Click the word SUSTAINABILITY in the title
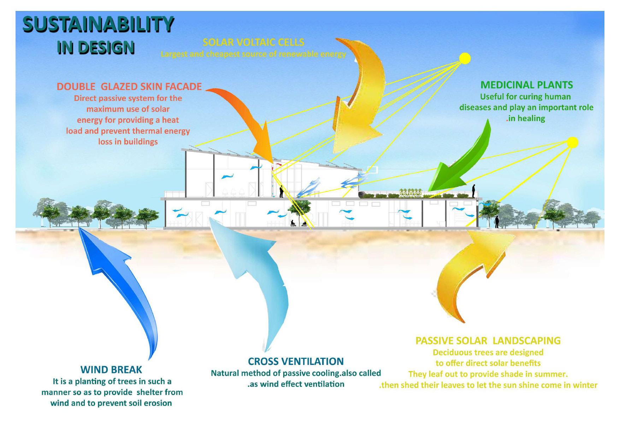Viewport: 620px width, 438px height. click(98, 25)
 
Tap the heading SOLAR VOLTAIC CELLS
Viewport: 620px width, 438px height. click(253, 42)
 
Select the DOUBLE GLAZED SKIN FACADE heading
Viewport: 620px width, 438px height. click(129, 87)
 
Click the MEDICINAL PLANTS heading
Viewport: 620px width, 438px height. click(526, 85)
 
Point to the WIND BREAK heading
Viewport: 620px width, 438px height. click(111, 370)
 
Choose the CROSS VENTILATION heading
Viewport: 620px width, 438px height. click(296, 361)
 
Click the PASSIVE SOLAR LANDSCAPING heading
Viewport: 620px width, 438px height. click(488, 341)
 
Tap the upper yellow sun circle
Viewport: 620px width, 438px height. click(465, 58)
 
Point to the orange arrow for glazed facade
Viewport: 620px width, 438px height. click(247, 117)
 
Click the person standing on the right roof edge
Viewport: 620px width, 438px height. click(474, 191)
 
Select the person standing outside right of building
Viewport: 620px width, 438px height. click(497, 222)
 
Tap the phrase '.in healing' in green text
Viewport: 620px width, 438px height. click(526, 119)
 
